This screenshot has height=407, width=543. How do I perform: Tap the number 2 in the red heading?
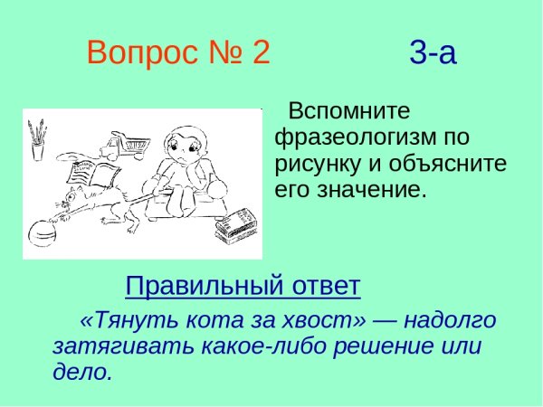pos(261,53)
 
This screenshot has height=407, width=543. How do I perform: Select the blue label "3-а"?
pos(433,54)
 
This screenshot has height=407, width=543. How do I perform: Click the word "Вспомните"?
pos(348,112)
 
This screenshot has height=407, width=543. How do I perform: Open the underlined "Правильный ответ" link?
pos(243,287)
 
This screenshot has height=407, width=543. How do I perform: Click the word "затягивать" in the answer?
pos(108,346)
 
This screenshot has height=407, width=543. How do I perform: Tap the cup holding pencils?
pos(38,142)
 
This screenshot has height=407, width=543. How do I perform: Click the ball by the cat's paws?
pos(43,232)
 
